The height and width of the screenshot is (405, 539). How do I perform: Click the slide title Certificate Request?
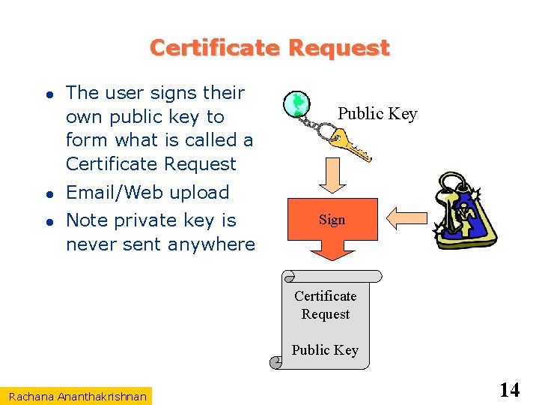(x=269, y=48)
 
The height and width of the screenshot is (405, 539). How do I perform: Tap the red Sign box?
(x=332, y=220)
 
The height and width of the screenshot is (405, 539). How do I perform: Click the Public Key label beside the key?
(x=377, y=114)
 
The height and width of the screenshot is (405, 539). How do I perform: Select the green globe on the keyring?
(x=298, y=103)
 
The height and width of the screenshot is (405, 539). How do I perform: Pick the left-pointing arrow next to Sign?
(x=409, y=219)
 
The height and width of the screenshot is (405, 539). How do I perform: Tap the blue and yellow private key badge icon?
(x=465, y=211)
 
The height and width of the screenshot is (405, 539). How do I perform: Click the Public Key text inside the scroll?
(x=325, y=350)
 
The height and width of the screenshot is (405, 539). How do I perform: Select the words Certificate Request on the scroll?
(x=325, y=305)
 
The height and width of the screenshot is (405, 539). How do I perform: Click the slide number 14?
(x=509, y=390)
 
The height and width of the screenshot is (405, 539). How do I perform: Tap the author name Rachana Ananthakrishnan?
(x=78, y=395)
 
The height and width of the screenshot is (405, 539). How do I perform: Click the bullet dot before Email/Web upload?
(x=46, y=193)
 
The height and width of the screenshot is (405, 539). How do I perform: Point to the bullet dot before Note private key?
(x=46, y=221)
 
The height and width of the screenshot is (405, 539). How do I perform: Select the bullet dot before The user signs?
(x=46, y=94)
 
